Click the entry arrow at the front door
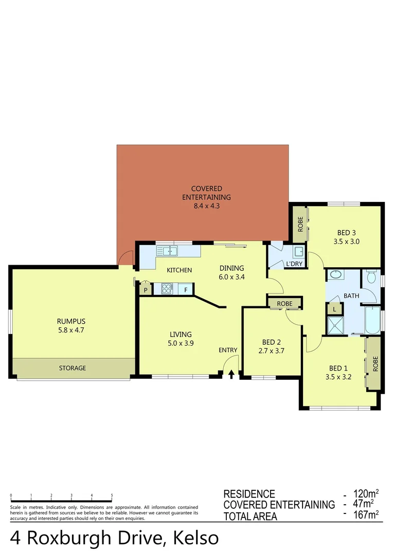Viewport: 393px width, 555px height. pyautogui.click(x=231, y=374)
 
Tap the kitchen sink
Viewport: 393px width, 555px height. pyautogui.click(x=167, y=251)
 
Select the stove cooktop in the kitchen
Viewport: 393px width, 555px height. pyautogui.click(x=167, y=289)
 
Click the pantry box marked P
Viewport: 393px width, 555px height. pyautogui.click(x=146, y=290)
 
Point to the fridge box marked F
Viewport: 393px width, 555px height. pyautogui.click(x=186, y=290)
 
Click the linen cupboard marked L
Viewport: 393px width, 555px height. pyautogui.click(x=334, y=309)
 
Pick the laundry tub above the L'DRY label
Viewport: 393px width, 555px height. pyautogui.click(x=298, y=252)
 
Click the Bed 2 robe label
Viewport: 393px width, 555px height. pyautogui.click(x=284, y=304)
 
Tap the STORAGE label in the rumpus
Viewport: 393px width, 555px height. pyautogui.click(x=73, y=368)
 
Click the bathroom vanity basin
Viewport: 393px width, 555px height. pyautogui.click(x=336, y=275)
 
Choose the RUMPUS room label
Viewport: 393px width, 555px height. pyautogui.click(x=71, y=322)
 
